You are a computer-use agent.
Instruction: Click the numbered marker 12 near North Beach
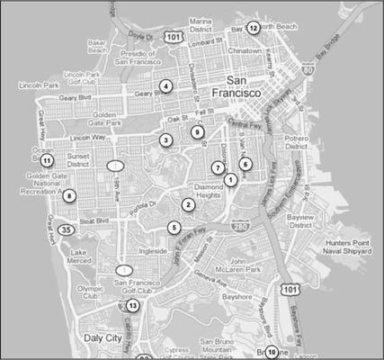(254, 28)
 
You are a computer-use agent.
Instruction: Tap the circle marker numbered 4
(165, 86)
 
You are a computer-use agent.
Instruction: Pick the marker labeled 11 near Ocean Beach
(47, 160)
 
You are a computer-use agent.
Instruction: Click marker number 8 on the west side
(70, 195)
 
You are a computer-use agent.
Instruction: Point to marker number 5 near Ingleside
(174, 227)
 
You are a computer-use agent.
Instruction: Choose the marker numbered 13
(132, 306)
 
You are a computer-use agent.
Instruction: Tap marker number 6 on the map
(245, 164)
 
